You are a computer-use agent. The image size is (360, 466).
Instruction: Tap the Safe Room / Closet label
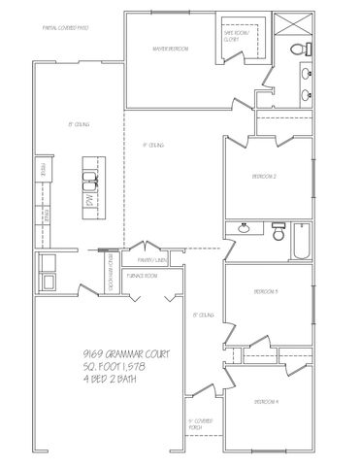[237, 36]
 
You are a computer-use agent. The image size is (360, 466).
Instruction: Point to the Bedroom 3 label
[266, 291]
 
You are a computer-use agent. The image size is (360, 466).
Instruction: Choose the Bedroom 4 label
[266, 401]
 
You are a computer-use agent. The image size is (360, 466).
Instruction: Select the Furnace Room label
[145, 276]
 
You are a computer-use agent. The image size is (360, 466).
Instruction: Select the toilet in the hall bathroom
[277, 233]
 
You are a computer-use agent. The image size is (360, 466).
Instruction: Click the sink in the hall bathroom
[243, 230]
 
